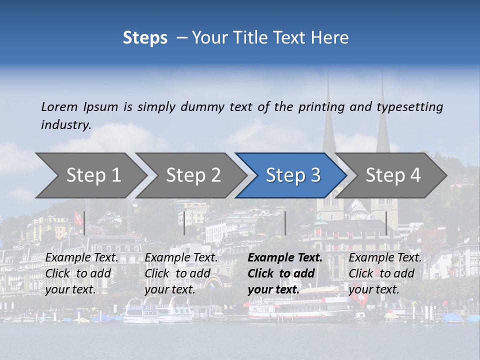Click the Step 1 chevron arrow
[x=93, y=175]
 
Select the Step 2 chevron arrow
[x=193, y=175]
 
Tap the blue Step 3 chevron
[x=293, y=175]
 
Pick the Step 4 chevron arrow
[x=393, y=175]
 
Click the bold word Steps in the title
[x=145, y=37]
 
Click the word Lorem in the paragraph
[x=59, y=107]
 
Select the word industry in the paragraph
[x=66, y=125]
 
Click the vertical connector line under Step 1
[x=84, y=223]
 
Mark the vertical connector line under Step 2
[x=184, y=223]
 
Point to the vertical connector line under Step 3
[x=285, y=223]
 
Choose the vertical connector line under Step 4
[x=386, y=223]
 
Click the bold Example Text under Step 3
[x=285, y=258]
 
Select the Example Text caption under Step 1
[x=82, y=258]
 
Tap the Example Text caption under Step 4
[x=385, y=258]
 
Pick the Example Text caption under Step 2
[x=181, y=258]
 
